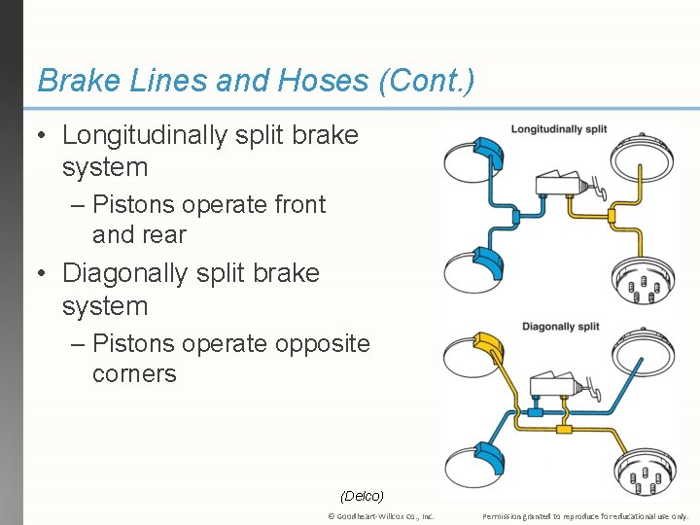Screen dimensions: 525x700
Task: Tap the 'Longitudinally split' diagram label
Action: tap(558, 129)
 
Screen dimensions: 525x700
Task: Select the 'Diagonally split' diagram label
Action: tap(560, 327)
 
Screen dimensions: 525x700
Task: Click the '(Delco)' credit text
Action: tap(363, 496)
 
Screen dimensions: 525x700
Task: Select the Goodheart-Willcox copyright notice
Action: tap(381, 516)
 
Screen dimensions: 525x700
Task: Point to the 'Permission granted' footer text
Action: tap(584, 516)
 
